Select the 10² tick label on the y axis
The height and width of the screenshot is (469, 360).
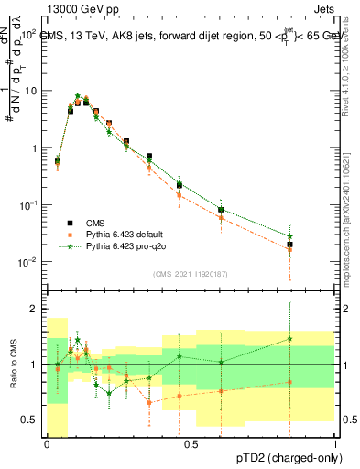[x=30, y=34]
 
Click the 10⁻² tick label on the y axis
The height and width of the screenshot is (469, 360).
[x=30, y=262]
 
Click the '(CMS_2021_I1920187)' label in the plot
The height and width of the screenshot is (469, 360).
[x=191, y=273]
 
